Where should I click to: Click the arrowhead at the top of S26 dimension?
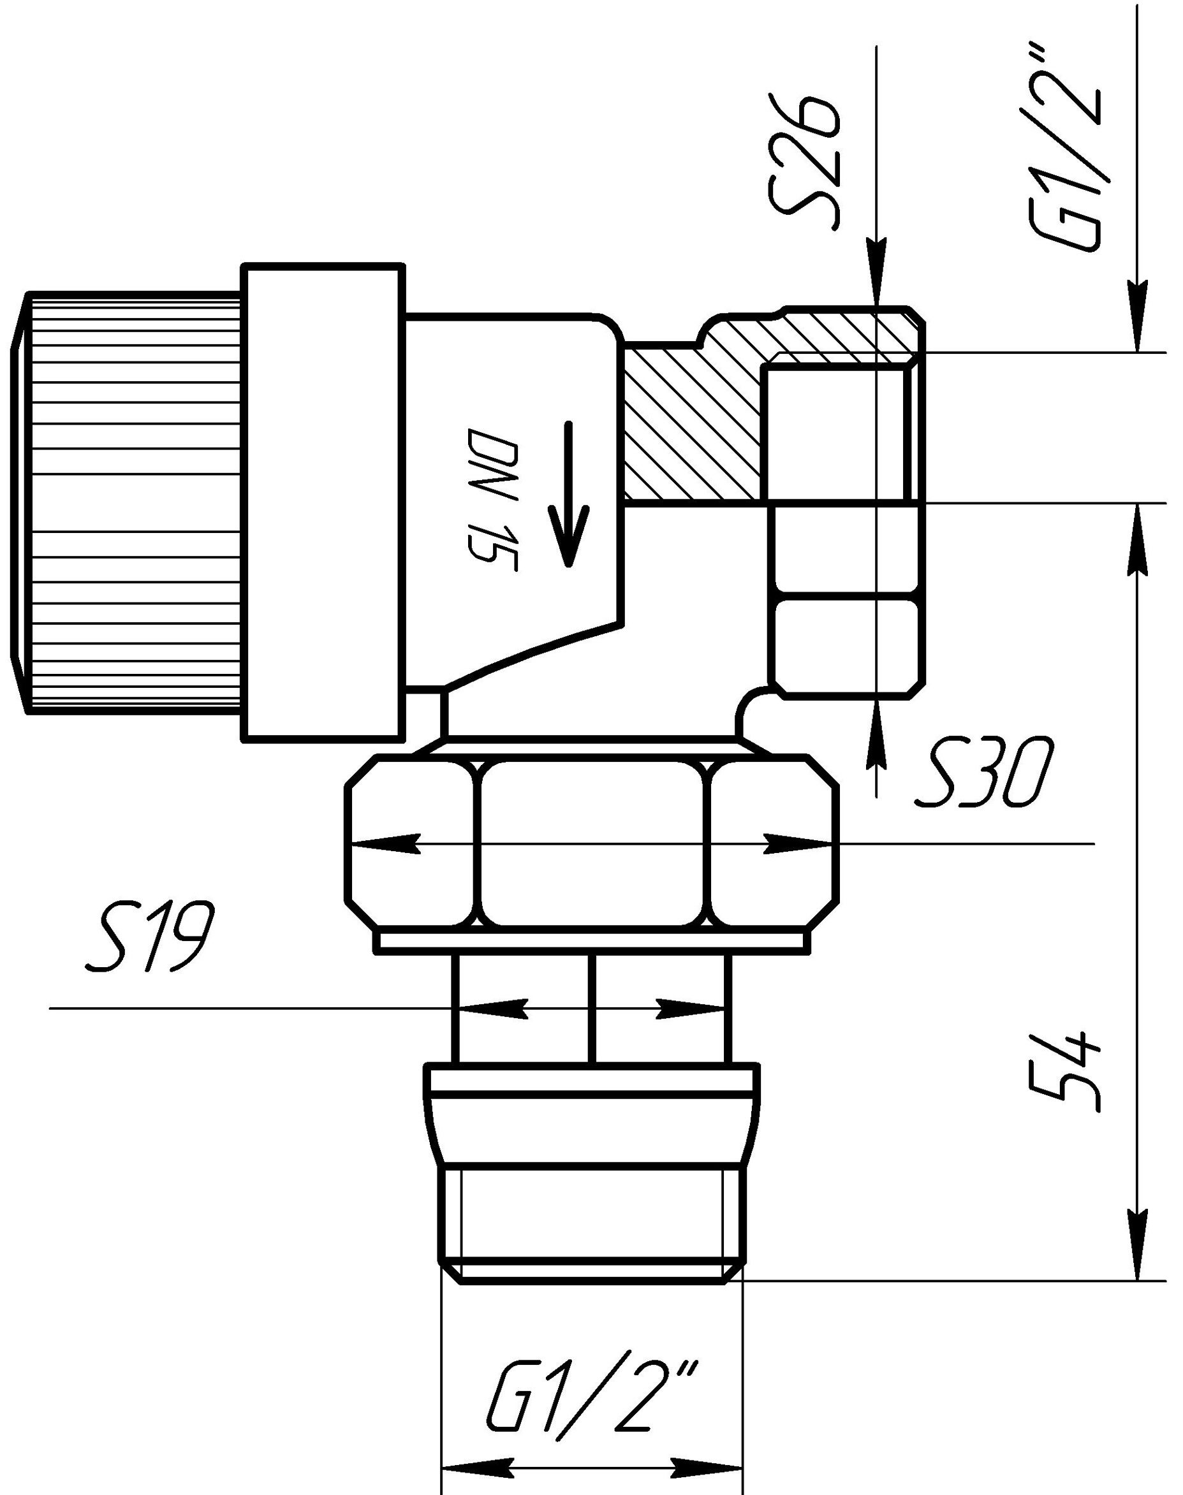point(876,270)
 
